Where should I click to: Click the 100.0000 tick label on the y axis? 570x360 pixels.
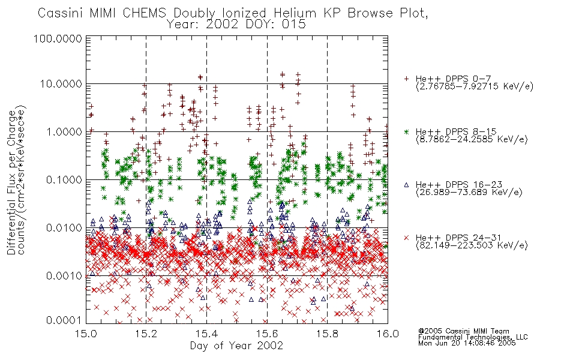click(x=58, y=38)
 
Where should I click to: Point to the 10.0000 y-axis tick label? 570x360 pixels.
click(x=61, y=84)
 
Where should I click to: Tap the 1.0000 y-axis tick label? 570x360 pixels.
click(x=64, y=131)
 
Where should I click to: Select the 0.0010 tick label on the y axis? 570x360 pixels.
click(x=64, y=275)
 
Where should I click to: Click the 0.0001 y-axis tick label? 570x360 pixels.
click(x=64, y=320)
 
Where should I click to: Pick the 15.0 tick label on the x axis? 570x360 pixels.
click(x=86, y=334)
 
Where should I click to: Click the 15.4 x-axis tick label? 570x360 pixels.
click(x=206, y=334)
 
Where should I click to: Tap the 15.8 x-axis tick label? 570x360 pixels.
click(x=327, y=334)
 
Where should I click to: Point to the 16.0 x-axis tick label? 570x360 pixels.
click(x=388, y=334)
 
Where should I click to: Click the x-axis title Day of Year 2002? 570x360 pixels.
click(x=236, y=346)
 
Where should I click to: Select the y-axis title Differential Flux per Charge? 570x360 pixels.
click(x=11, y=182)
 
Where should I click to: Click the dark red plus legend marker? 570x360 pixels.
click(x=406, y=79)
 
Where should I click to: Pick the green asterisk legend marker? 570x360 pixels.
click(x=406, y=131)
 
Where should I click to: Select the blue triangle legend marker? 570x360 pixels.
click(x=406, y=185)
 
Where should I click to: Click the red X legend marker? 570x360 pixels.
click(x=406, y=238)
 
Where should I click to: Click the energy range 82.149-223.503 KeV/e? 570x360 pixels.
click(x=472, y=245)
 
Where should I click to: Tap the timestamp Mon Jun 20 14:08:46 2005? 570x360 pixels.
click(x=467, y=343)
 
